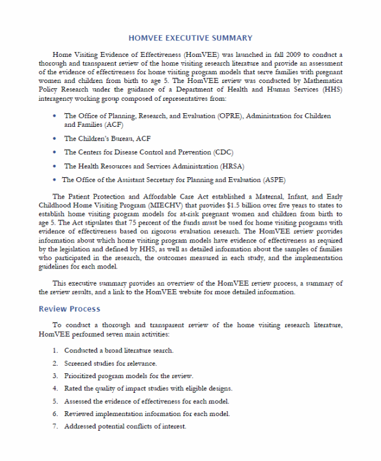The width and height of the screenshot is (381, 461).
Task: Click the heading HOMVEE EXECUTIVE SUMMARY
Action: [190, 38]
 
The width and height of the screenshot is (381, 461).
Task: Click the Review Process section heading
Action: [69, 309]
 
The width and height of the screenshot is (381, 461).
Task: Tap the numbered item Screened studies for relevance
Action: [110, 363]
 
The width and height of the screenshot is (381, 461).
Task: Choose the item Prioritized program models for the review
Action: [129, 376]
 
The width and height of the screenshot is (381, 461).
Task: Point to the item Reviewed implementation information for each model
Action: [146, 414]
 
